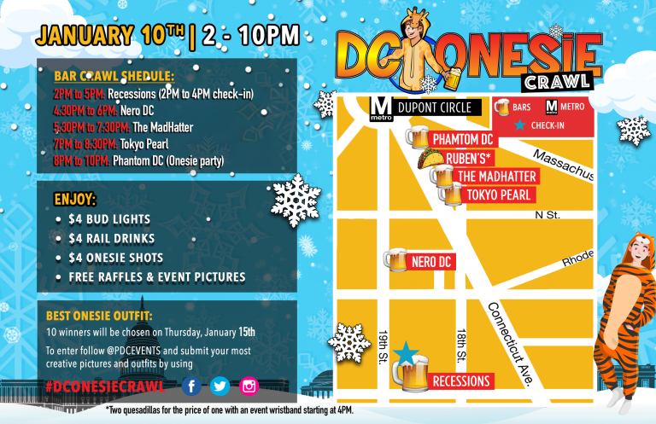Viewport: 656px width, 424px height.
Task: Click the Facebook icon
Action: point(191,386)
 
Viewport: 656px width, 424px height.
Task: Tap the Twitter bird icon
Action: point(220,386)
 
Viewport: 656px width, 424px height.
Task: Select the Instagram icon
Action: point(249,386)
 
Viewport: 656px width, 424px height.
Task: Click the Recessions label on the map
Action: point(462,381)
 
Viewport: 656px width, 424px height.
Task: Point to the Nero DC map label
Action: point(431,261)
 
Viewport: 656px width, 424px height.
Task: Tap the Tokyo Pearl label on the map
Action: point(499,195)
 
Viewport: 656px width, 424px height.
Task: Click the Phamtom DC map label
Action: point(463,139)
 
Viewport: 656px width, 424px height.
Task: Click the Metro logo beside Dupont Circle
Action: point(381,109)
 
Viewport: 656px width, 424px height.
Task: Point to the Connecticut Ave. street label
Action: point(511,344)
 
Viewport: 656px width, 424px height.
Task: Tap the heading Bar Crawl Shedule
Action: point(114,76)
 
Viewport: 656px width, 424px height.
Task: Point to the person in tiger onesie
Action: point(628,316)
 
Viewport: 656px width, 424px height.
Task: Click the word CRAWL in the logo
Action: point(554,81)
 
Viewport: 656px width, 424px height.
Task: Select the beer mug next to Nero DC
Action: point(396,260)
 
